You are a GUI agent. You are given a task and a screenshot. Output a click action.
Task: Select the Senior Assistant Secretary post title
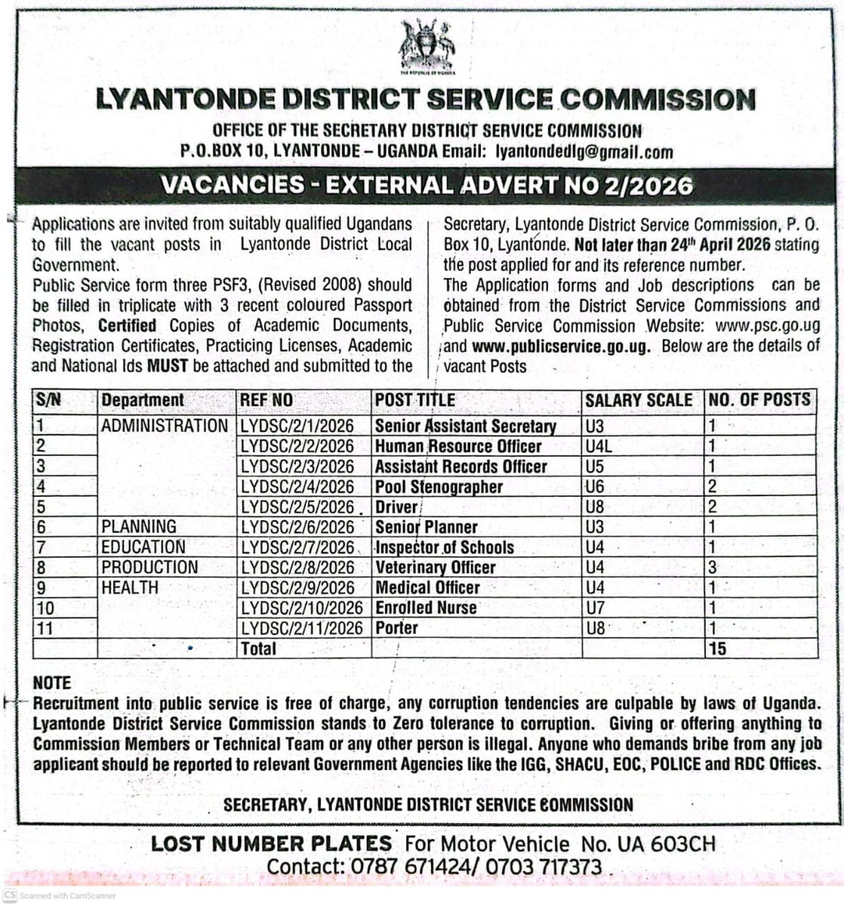[x=465, y=426]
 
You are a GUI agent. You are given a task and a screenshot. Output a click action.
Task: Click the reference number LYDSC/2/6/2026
[x=296, y=527]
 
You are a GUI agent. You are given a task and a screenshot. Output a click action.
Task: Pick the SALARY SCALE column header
[x=639, y=400]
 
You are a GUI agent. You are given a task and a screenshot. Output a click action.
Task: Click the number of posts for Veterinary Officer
[x=712, y=568]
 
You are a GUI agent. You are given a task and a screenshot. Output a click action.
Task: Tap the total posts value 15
[x=717, y=649]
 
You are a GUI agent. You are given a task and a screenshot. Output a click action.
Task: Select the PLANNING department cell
[x=139, y=527]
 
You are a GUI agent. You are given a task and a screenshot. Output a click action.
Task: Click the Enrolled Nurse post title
[x=426, y=608]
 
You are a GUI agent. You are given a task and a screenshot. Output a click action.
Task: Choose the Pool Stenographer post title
[x=439, y=487]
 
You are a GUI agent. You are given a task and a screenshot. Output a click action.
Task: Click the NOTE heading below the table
[x=52, y=683]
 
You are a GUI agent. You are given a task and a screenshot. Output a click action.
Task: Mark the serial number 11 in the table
[x=45, y=628]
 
